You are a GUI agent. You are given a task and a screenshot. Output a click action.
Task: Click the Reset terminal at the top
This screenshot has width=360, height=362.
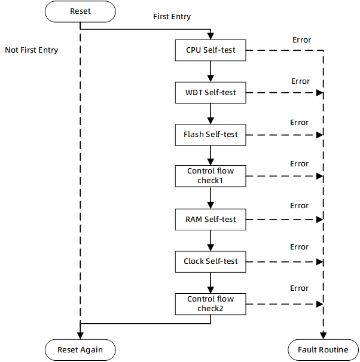[80, 11]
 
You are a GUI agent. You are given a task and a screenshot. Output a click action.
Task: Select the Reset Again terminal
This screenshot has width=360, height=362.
[80, 349]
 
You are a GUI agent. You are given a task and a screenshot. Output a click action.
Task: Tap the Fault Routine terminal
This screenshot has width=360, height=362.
[323, 349]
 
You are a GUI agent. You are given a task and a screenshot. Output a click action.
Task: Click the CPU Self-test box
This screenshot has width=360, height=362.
[210, 50]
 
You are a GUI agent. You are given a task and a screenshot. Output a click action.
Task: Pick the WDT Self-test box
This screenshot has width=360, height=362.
[210, 93]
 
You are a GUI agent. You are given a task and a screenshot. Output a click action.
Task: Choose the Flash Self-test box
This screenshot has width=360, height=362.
[210, 135]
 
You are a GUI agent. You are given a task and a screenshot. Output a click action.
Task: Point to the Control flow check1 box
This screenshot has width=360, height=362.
[210, 176]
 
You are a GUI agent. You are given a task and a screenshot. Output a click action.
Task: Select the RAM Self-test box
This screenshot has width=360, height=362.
[210, 219]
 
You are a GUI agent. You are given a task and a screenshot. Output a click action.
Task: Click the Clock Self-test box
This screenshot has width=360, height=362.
[210, 261]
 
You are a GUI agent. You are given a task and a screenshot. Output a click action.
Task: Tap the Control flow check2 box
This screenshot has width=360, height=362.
[210, 304]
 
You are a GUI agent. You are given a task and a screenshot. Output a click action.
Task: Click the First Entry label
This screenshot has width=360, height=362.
[172, 17]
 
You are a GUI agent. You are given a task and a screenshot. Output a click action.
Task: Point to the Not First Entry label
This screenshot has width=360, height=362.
[32, 50]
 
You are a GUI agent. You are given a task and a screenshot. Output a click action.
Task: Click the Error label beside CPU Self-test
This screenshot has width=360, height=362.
[301, 40]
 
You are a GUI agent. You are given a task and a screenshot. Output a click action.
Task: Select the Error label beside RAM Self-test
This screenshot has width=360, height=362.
[300, 206]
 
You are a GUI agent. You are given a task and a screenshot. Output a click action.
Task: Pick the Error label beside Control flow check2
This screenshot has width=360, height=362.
[299, 288]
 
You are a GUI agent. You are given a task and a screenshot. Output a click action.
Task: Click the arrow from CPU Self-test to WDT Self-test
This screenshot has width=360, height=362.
[210, 71]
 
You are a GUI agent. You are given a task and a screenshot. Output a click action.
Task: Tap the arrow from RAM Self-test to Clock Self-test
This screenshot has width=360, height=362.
[210, 240]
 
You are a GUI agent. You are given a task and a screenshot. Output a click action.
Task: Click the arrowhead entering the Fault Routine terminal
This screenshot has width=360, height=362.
[324, 336]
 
